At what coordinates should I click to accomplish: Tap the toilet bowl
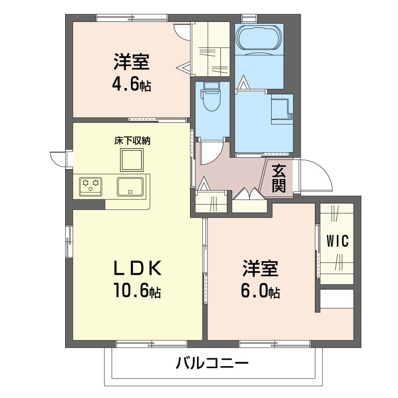coord(211,97)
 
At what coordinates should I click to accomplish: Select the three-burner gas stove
coord(91,187)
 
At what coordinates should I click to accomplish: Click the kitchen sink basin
coord(130,187)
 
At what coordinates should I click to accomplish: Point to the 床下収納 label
coord(132,141)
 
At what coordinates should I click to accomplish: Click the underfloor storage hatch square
coord(132,160)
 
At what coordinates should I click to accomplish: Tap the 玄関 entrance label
coord(279,179)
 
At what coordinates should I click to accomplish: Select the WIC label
coord(337,241)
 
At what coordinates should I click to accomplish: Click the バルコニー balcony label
coord(212,363)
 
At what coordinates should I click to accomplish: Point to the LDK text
coord(138,268)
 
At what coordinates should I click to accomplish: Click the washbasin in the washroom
coord(282,109)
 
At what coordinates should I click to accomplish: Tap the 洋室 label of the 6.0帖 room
coord(260,268)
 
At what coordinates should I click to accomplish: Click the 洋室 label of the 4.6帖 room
coord(131,62)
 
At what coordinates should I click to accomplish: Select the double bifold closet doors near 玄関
coord(250,195)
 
